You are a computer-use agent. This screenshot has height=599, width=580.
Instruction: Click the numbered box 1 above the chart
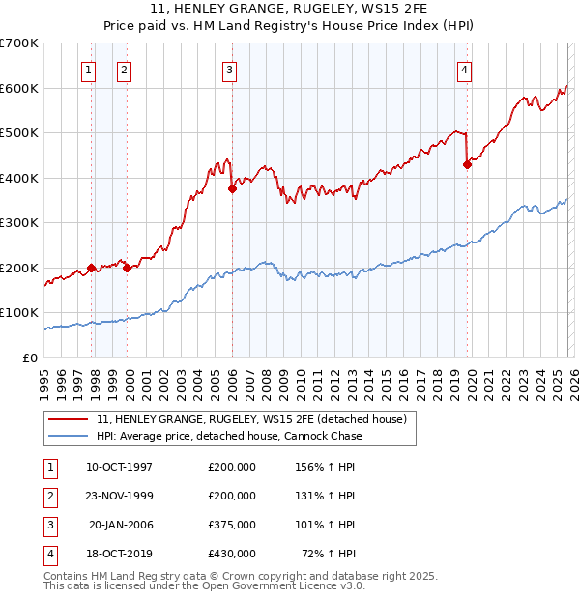88,69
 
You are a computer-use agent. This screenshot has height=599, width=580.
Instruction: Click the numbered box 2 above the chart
125,69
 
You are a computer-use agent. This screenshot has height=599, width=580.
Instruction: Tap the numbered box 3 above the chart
229,69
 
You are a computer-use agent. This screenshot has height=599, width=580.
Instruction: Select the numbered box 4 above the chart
465,69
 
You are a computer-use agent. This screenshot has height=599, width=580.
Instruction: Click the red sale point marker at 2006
232,189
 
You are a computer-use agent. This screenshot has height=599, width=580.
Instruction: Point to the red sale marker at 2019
467,164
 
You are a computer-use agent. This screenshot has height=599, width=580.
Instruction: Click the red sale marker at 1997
91,268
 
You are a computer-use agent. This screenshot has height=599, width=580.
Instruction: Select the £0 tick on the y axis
29,357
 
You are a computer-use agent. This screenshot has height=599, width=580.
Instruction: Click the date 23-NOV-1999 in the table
120,495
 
